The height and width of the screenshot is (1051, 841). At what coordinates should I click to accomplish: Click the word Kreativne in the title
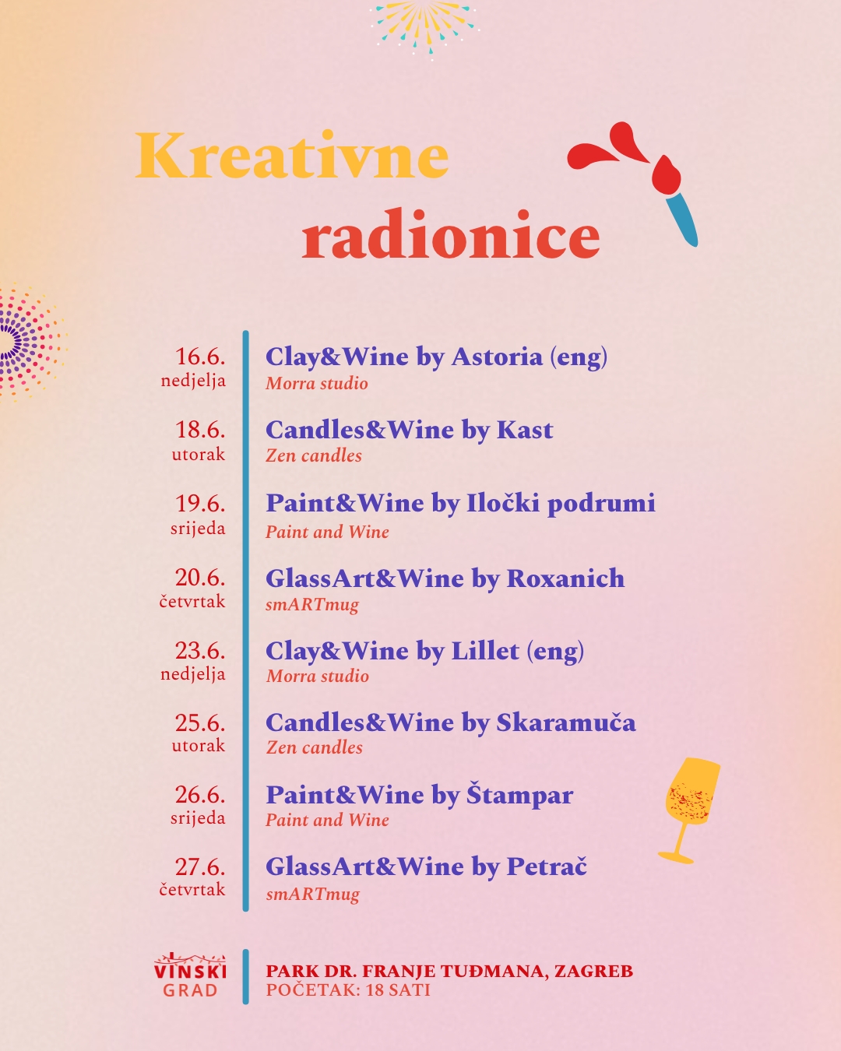292,155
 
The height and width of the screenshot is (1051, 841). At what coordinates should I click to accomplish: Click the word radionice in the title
451,234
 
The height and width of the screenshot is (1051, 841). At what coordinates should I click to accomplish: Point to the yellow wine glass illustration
689,810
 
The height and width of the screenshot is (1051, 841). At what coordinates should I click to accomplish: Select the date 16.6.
200,357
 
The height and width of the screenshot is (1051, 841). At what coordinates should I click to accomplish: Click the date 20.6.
200,578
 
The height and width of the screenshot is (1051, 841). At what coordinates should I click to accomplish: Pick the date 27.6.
200,866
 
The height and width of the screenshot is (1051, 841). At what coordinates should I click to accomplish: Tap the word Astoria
497,357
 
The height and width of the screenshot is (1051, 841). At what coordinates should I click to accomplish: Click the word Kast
525,430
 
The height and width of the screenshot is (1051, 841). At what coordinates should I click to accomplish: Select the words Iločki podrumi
561,504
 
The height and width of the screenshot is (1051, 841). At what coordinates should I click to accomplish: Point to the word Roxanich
565,578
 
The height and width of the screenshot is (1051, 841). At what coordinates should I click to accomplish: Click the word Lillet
485,651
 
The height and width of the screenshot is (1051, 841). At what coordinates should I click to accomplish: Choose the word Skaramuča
566,722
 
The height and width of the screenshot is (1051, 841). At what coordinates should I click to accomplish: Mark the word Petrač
547,866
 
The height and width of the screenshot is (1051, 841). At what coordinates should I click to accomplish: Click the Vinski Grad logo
190,975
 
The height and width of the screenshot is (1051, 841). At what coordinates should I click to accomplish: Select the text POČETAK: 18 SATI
348,990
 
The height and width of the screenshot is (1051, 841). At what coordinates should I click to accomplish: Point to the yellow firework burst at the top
423,27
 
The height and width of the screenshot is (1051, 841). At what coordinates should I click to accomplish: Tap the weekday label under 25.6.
199,745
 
